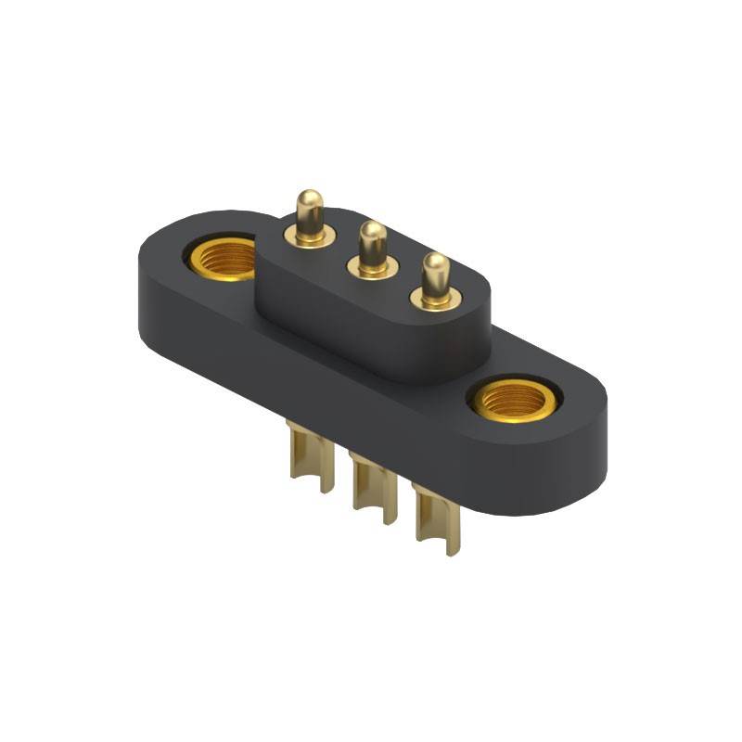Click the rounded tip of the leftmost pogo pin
click(x=309, y=199)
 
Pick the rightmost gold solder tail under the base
click(x=435, y=519)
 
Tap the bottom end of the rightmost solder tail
click(x=452, y=549)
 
